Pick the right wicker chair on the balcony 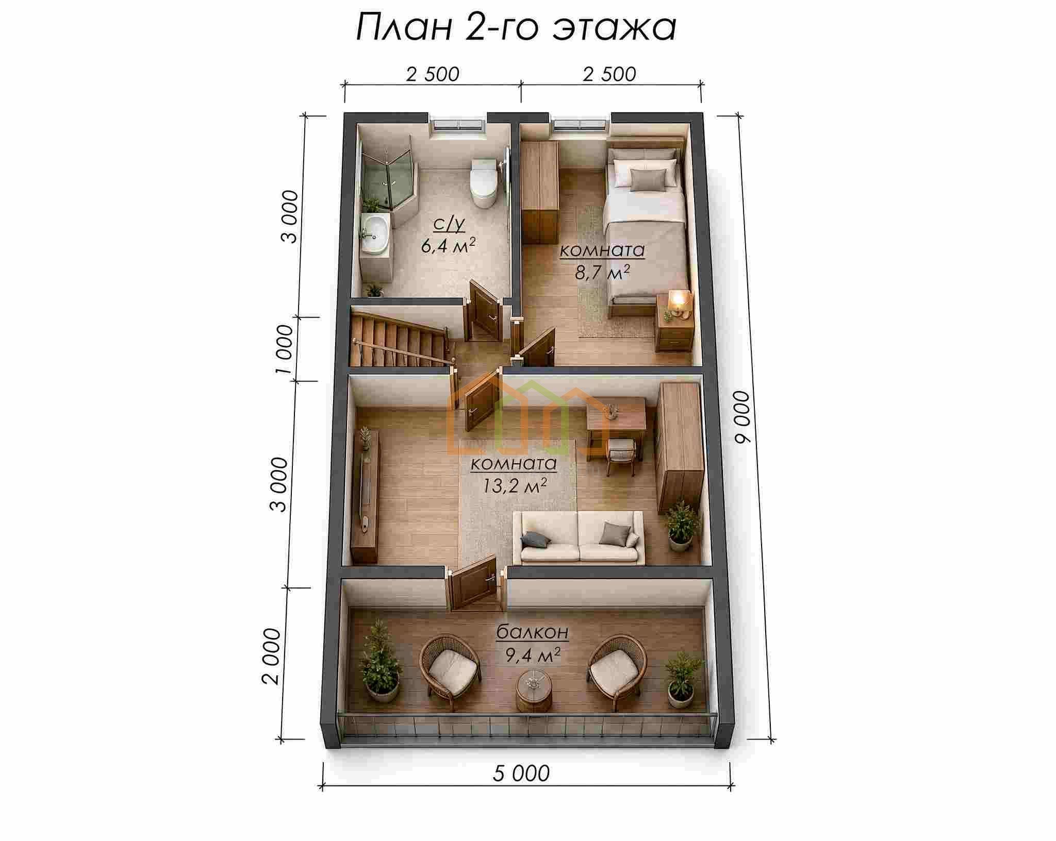click(x=617, y=670)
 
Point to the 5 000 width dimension click(x=521, y=773)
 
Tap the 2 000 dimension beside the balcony click(x=271, y=656)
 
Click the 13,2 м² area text click(x=514, y=485)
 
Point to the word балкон click(x=532, y=632)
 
